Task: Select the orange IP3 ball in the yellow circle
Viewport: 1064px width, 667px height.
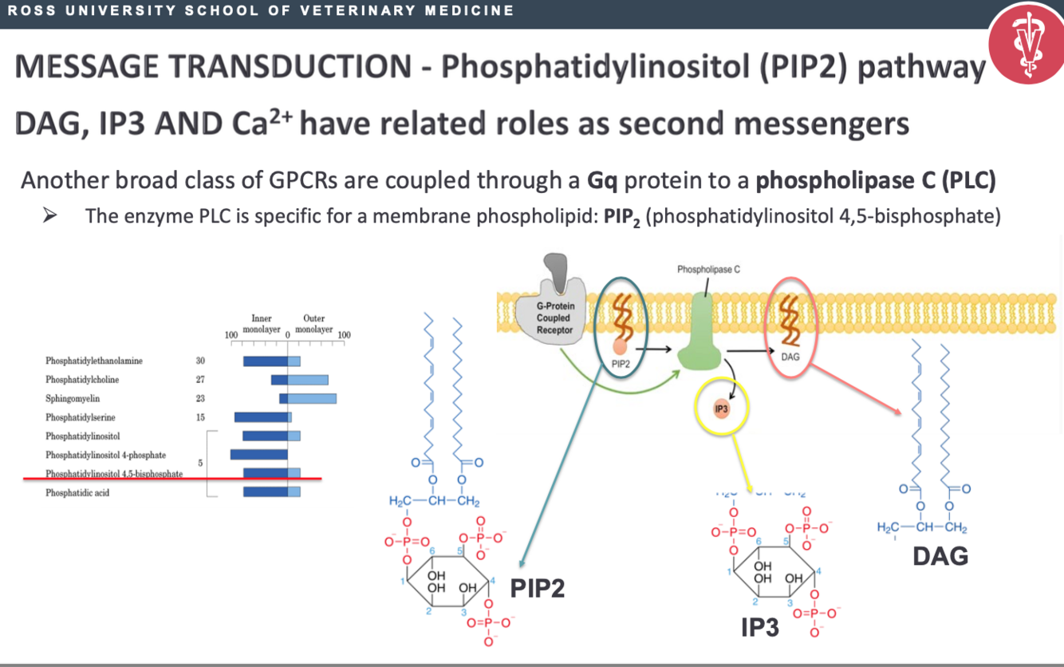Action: coord(722,408)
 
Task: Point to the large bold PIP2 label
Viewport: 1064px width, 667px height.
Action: coord(538,589)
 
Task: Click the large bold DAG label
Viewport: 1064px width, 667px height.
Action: coord(940,555)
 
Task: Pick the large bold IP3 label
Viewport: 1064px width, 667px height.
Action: coord(759,628)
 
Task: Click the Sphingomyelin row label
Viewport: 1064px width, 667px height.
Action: coord(73,398)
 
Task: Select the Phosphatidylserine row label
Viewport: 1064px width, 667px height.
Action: coord(80,417)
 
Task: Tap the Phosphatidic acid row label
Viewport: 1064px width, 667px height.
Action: coord(77,493)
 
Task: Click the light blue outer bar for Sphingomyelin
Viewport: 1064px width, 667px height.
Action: coord(312,398)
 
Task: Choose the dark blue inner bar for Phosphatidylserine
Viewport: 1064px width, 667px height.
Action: coord(261,417)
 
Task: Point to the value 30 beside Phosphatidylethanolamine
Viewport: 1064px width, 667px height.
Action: coord(200,361)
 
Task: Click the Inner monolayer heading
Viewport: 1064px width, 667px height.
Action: coord(262,323)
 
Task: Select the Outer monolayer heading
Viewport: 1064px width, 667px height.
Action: coord(313,323)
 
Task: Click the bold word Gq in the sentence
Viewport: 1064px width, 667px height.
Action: coord(604,181)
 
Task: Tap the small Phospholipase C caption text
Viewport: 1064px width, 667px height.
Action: coord(708,270)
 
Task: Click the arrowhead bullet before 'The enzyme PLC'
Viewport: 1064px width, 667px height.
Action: coord(50,216)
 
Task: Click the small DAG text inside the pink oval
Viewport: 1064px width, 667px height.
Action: coord(790,357)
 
